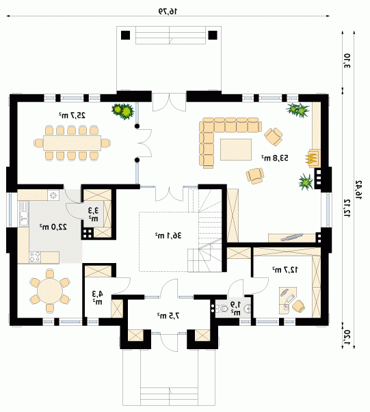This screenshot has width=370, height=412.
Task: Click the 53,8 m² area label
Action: tap(275, 158)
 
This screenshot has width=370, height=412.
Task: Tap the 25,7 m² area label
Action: tap(72, 115)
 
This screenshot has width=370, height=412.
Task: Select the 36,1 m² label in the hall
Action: tap(168, 236)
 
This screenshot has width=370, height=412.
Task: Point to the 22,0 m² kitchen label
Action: tap(53, 226)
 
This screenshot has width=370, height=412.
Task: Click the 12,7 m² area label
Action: tap(285, 269)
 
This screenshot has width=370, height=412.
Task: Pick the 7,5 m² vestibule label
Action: tap(168, 315)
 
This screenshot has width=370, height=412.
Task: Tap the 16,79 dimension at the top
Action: tap(168, 12)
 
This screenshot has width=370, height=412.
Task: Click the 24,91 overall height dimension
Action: tap(358, 190)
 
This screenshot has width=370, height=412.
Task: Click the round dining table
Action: tap(50, 291)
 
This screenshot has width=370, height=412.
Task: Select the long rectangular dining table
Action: tap(72, 143)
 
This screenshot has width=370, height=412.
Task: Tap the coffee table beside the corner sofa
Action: tap(236, 150)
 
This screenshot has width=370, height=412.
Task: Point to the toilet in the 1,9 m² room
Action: tap(222, 308)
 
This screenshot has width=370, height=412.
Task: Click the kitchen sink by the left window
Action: tap(24, 213)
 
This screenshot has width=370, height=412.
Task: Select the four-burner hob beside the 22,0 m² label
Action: tap(35, 257)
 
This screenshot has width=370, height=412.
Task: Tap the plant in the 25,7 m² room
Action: tap(123, 111)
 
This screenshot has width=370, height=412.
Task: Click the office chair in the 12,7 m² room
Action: tap(298, 306)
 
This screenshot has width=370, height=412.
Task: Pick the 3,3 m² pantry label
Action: tap(93, 214)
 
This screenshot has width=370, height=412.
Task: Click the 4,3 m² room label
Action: tap(97, 297)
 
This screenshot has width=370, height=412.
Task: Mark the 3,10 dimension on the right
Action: tap(347, 61)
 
